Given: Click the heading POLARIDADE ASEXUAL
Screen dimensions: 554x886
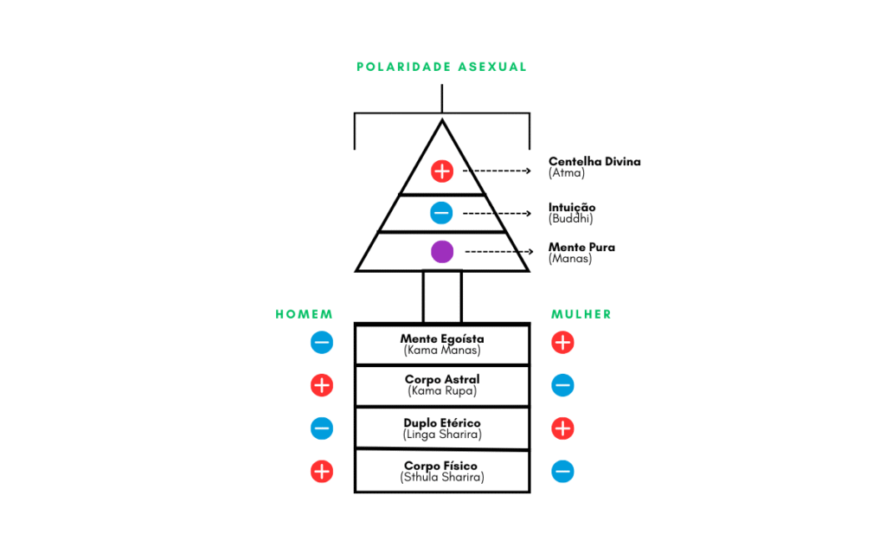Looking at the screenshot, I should (441, 67).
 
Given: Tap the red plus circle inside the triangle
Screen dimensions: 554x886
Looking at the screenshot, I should (442, 171).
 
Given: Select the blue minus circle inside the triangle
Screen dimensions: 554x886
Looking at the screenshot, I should (441, 212).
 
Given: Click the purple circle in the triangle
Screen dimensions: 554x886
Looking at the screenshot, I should (442, 252).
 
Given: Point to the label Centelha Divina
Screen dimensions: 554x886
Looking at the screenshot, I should (594, 162).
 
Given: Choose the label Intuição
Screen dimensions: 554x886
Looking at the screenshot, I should (572, 208).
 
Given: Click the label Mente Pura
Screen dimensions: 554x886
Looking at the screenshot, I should (581, 248).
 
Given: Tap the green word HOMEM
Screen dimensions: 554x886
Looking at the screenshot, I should (304, 314).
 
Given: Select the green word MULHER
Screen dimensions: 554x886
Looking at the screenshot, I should (581, 314).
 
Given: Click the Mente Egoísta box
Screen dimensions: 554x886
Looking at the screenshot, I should (442, 345).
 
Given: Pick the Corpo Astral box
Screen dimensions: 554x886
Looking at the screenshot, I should (442, 385).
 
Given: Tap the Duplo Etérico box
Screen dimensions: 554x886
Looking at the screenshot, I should (442, 428).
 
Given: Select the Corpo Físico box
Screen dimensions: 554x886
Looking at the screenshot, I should (442, 472).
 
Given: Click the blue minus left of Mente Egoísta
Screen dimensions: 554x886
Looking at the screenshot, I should (321, 343).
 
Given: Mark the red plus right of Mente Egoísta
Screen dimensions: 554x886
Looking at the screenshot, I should (562, 343).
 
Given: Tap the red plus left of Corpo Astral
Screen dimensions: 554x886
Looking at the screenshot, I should (321, 385).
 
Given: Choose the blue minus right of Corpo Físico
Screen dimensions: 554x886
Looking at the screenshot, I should (562, 472).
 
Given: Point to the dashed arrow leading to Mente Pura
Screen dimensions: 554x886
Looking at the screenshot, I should (498, 252).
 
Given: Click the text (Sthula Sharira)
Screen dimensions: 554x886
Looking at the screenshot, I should (442, 477).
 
